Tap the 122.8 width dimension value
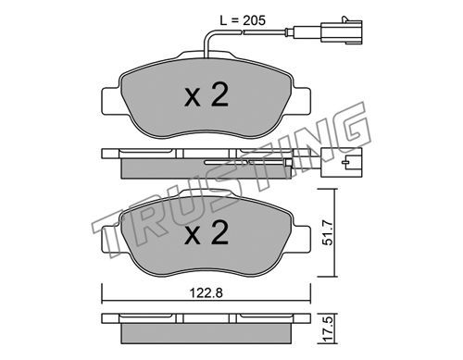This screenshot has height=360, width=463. [x=206, y=292]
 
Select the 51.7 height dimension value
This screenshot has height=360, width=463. [x=327, y=232]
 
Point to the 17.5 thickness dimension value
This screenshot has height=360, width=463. [x=327, y=329]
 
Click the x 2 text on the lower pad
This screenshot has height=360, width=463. [x=206, y=232]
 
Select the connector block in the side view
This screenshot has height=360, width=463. [x=341, y=162]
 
